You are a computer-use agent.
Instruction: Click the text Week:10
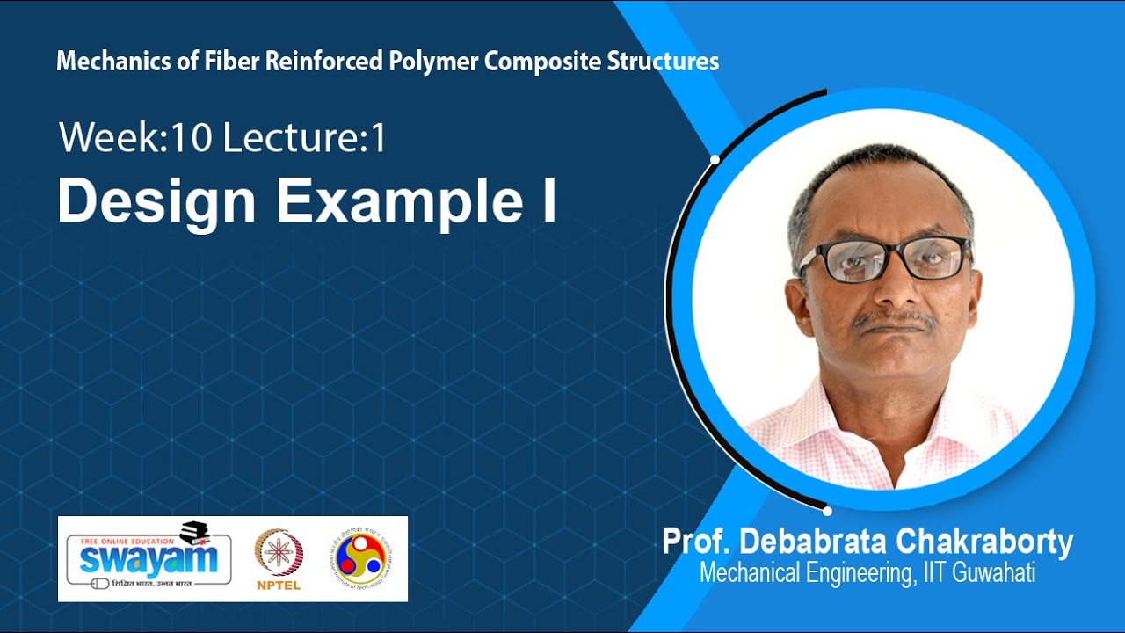[136, 139]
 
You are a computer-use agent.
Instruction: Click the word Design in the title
[156, 203]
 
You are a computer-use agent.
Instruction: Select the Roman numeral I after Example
[548, 201]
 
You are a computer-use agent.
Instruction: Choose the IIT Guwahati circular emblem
[363, 557]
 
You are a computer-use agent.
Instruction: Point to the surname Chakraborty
[989, 542]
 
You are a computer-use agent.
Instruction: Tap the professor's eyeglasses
[883, 259]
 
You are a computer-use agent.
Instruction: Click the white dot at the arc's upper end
[715, 159]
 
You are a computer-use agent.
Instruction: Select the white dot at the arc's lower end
[827, 510]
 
